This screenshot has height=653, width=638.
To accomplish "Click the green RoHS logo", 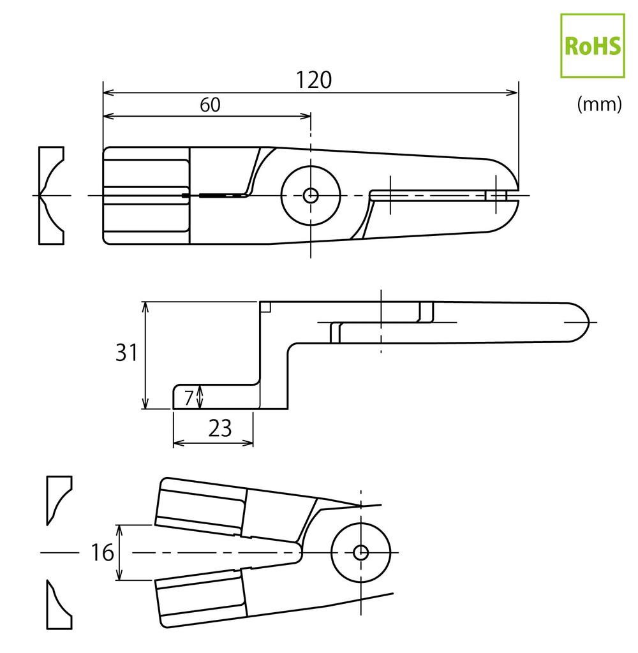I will coord(591,45).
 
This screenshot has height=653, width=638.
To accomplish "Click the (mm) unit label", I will coord(598,105).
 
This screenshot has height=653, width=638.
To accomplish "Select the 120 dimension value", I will coord(314,80).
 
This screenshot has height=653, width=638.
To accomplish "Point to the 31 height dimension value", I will coord(126,353).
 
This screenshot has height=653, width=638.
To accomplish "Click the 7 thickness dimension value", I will coord(188,398).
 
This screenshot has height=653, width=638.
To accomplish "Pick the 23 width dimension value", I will coord(219,429).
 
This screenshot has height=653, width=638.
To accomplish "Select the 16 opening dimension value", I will coord(101,552).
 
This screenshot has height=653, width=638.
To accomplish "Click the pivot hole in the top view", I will coord(311,195).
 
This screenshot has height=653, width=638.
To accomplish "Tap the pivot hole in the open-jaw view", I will coord(360,552).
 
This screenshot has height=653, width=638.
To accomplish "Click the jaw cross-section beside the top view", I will coord(50,195).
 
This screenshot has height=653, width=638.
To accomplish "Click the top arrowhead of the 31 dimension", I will coord(146,307).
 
